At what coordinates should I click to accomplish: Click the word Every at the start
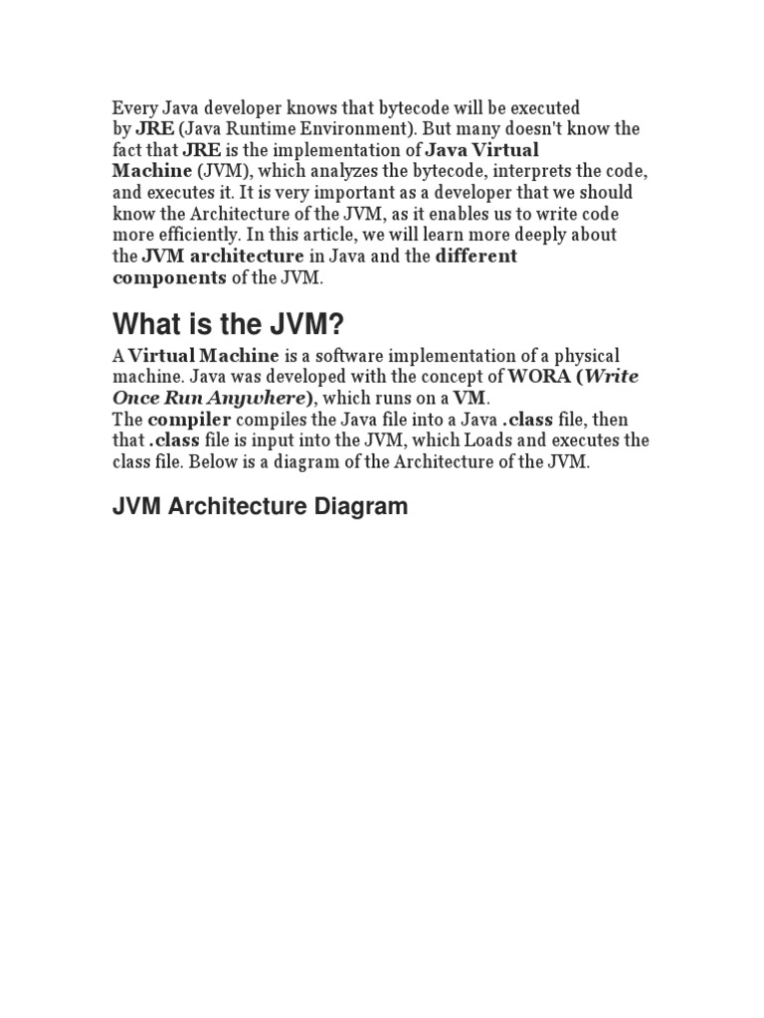132,107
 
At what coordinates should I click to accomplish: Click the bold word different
477,255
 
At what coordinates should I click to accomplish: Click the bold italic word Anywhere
253,399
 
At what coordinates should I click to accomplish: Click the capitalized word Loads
511,440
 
